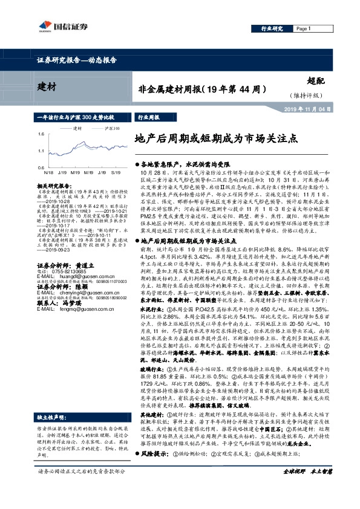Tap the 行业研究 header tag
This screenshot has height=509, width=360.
click(272, 28)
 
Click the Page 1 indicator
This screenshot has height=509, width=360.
click(304, 28)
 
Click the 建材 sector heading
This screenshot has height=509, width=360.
click(47, 87)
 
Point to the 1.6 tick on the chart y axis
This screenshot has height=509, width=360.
click(40, 134)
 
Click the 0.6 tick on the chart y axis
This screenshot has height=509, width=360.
click(40, 167)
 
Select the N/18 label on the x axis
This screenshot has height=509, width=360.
click(48, 172)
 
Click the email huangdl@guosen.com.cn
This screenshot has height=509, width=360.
click(73, 278)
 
